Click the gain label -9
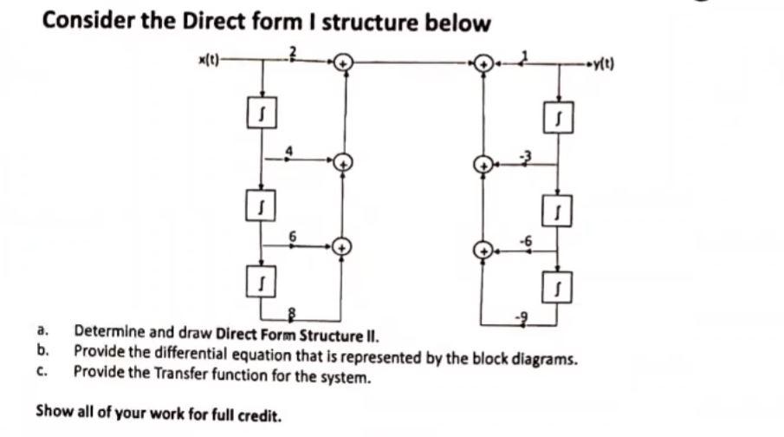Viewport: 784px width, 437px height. click(x=522, y=319)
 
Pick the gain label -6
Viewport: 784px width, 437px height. click(x=523, y=239)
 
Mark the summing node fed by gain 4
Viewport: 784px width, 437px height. click(x=344, y=162)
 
